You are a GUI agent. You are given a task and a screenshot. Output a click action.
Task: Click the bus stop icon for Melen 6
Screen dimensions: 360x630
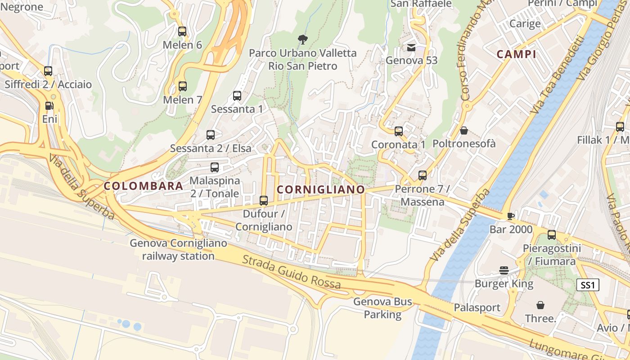pyautogui.click(x=182, y=31)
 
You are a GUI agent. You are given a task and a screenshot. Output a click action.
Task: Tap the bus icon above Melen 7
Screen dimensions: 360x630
pyautogui.click(x=182, y=86)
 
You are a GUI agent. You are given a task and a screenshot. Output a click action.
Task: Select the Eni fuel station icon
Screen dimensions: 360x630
pyautogui.click(x=49, y=106)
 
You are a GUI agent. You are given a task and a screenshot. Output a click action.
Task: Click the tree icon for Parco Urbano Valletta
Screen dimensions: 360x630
pyautogui.click(x=303, y=40)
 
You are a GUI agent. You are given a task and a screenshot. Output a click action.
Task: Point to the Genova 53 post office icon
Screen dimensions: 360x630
pyautogui.click(x=411, y=47)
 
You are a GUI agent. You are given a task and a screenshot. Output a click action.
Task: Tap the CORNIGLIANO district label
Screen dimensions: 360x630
pyautogui.click(x=320, y=189)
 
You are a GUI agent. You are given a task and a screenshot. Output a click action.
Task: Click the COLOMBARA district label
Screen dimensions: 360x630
pyautogui.click(x=144, y=186)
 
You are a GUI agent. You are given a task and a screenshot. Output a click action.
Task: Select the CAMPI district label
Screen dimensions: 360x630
pyautogui.click(x=516, y=54)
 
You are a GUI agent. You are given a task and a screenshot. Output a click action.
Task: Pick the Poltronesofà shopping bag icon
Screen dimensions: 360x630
pyautogui.click(x=463, y=130)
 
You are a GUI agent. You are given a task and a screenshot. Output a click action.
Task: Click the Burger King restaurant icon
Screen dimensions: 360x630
pyautogui.click(x=504, y=270)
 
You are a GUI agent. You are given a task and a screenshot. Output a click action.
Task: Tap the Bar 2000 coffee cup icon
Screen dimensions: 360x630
pyautogui.click(x=510, y=216)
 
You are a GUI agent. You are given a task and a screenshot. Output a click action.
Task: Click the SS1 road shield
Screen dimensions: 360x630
pyautogui.click(x=588, y=285)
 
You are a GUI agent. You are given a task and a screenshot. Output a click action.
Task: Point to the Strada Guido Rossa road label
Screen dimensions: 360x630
pyautogui.click(x=291, y=272)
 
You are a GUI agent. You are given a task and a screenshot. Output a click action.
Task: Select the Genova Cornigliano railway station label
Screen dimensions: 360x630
pyautogui.click(x=178, y=250)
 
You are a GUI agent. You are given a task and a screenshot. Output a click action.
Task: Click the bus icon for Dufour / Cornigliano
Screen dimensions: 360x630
pyautogui.click(x=264, y=201)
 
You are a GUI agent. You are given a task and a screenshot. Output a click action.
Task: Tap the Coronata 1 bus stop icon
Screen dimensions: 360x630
pyautogui.click(x=399, y=131)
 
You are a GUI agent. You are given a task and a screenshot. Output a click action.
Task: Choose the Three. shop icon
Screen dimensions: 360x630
pyautogui.click(x=540, y=305)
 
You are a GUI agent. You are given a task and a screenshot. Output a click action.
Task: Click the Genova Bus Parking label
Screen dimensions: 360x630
pyautogui.click(x=382, y=308)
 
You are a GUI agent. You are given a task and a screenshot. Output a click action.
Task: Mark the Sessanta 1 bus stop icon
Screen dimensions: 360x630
pyautogui.click(x=237, y=96)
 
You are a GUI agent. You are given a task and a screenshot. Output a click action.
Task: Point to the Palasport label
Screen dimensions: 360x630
pyautogui.click(x=477, y=308)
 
